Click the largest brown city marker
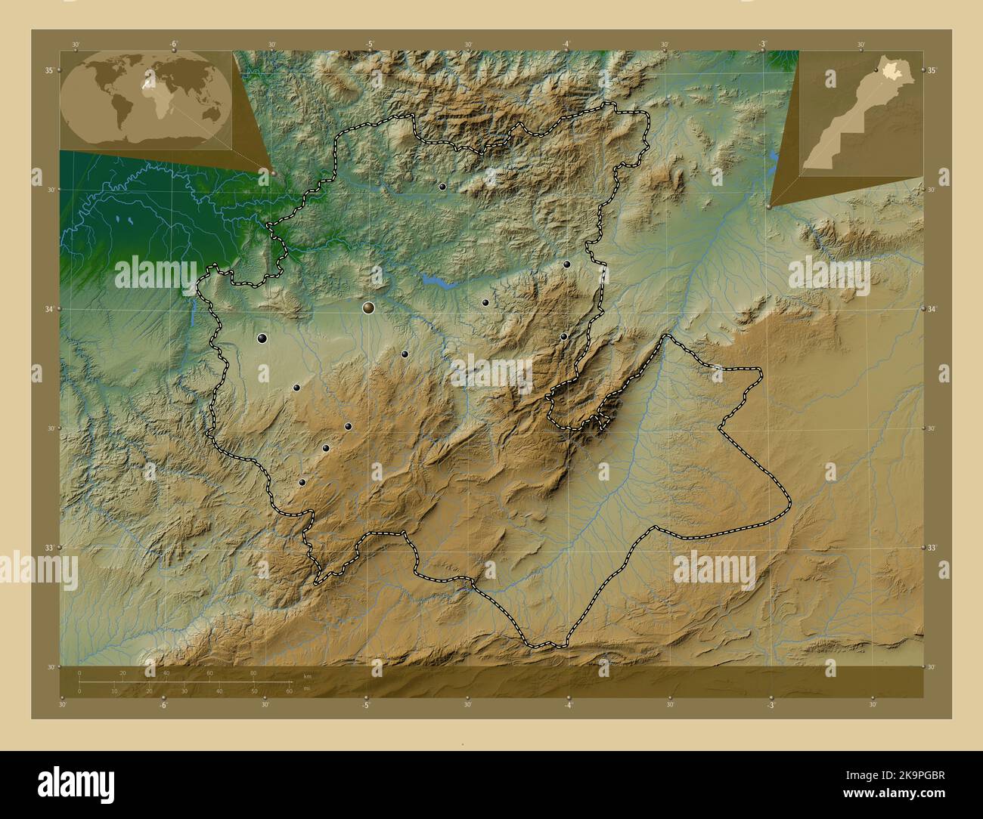pos(368,308)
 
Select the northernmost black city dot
pos(442,186)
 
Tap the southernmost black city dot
pos(302,482)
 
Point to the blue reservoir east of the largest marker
pos(436,283)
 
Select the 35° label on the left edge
pos(48,70)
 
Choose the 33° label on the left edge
pos(48,547)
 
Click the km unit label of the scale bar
pos(307,676)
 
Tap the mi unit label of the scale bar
pos(307,689)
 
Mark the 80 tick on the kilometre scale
pos(253,672)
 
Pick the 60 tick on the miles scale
pos(289,691)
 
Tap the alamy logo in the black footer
pos(76,782)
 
